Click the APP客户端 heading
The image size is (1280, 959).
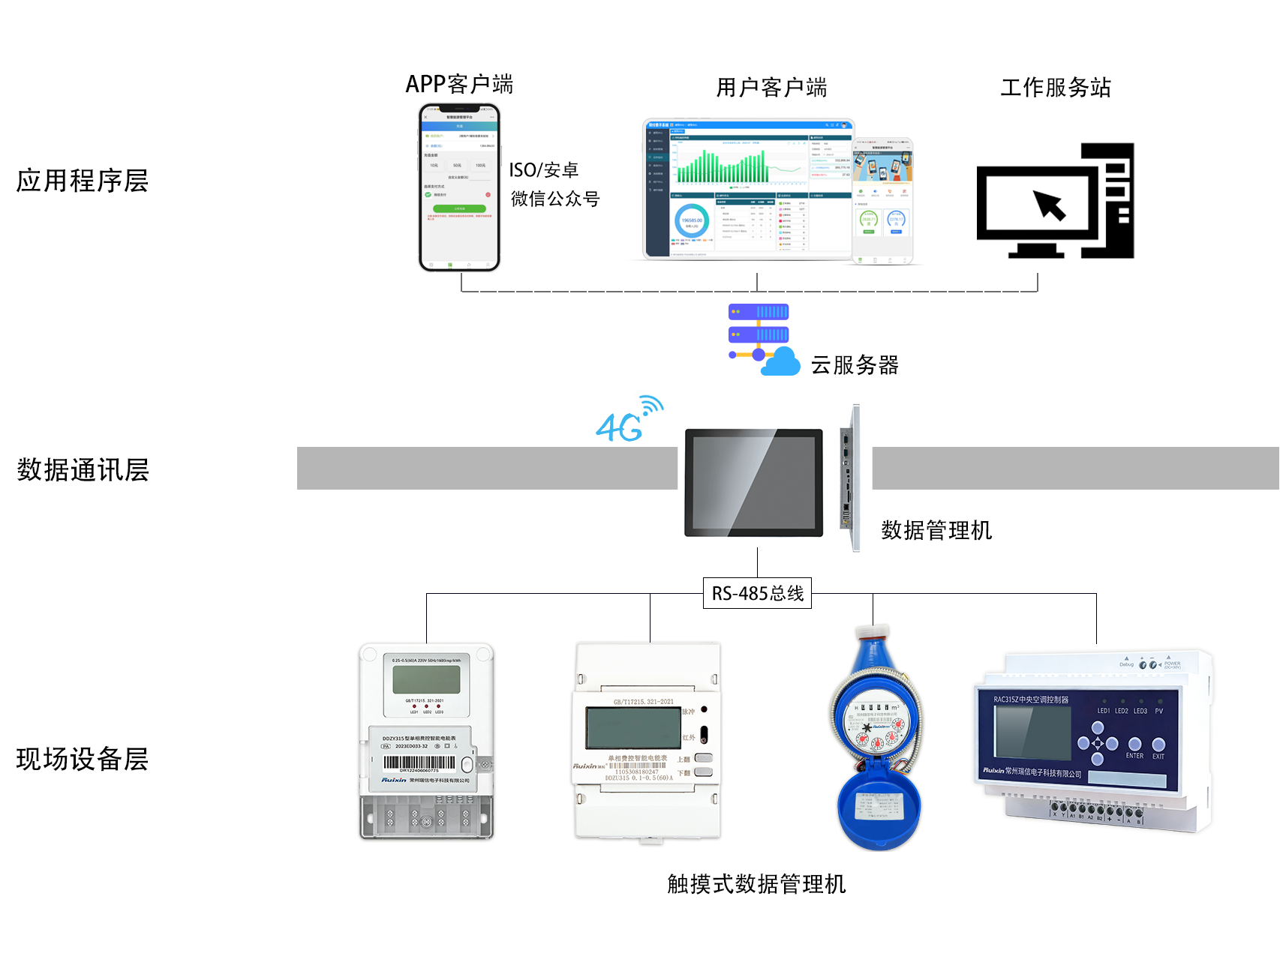pos(459,84)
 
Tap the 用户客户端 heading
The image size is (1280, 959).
pos(771,88)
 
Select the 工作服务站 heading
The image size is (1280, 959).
pos(1055,88)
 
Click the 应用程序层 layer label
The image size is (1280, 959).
pos(83,181)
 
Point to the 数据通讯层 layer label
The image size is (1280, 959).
pos(83,470)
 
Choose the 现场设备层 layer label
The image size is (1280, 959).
pos(83,759)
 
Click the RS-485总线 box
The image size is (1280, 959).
pos(757,593)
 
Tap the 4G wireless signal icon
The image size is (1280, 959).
pos(629,419)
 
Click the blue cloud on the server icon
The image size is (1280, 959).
pos(781,362)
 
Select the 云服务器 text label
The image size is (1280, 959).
pos(855,365)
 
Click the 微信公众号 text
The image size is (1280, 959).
pos(555,199)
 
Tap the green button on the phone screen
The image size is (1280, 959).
pos(459,208)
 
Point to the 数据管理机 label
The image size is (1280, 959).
pos(936,530)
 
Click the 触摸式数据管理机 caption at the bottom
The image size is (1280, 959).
pos(756,884)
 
